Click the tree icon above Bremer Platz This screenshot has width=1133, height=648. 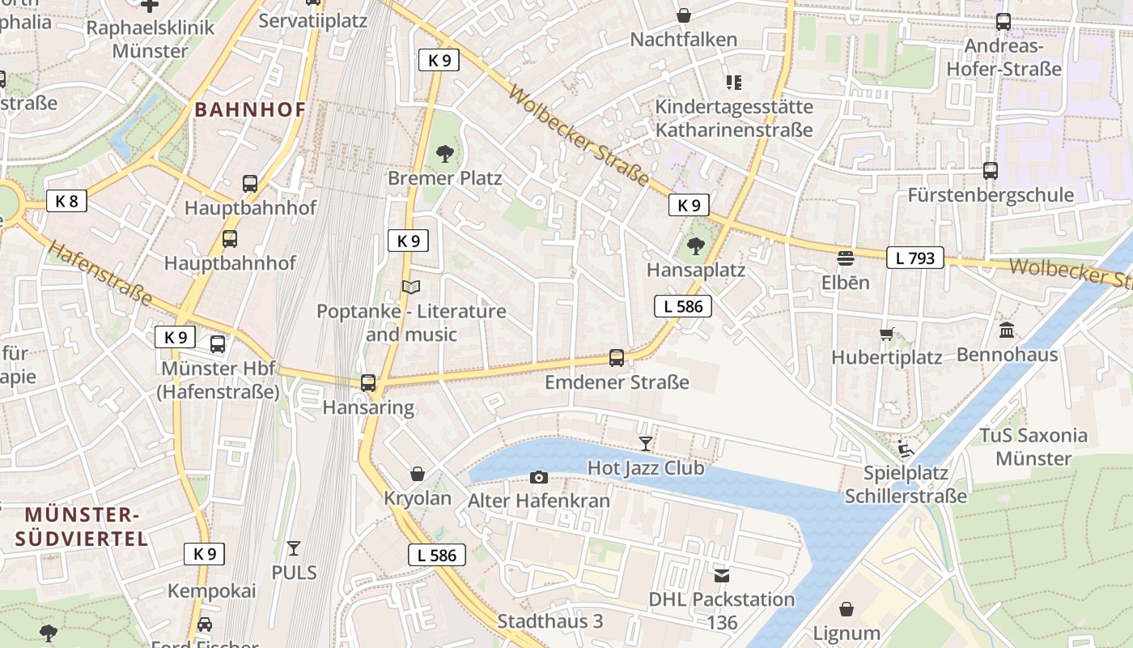point(444,153)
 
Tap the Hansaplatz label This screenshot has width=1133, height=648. point(695,270)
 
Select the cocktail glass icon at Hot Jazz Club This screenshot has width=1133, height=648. point(645,443)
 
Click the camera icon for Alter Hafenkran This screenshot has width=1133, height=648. point(538,477)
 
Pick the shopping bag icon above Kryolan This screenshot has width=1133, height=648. point(418,473)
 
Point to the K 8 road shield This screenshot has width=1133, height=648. point(66,201)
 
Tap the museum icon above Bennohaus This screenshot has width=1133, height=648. point(1007,330)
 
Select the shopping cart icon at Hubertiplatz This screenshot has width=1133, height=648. point(887,334)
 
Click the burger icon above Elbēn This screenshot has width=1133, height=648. point(846,258)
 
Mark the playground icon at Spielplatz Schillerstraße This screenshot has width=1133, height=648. point(906,448)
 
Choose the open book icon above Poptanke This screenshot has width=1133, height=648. point(411,287)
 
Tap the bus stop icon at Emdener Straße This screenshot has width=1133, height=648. point(617,357)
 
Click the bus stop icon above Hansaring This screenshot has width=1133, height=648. point(368,383)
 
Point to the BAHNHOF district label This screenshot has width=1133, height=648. point(250,110)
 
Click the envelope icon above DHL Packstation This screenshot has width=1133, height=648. point(721,576)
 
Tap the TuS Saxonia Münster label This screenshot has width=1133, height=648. point(1033,447)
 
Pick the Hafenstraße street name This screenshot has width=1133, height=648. point(100,274)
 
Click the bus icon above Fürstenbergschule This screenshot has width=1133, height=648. point(990,171)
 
